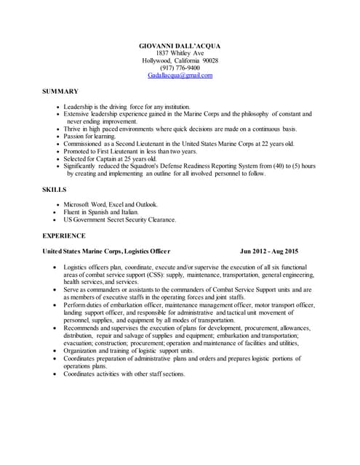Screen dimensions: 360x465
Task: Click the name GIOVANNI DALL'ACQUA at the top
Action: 180,46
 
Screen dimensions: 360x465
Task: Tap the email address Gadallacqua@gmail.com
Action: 180,75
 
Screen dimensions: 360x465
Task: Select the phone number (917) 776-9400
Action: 180,68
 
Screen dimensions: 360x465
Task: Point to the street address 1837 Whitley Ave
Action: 180,53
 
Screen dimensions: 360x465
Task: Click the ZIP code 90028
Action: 209,60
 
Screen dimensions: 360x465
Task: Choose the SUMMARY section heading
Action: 60,91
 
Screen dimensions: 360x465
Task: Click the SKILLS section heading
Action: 55,189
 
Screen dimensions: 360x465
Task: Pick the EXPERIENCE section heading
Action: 64,235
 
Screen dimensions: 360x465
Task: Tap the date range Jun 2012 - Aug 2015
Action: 269,251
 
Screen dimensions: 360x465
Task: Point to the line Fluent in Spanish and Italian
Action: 106,212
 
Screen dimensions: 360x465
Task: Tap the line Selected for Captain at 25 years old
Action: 110,158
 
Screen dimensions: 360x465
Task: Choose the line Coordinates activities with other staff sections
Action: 124,373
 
